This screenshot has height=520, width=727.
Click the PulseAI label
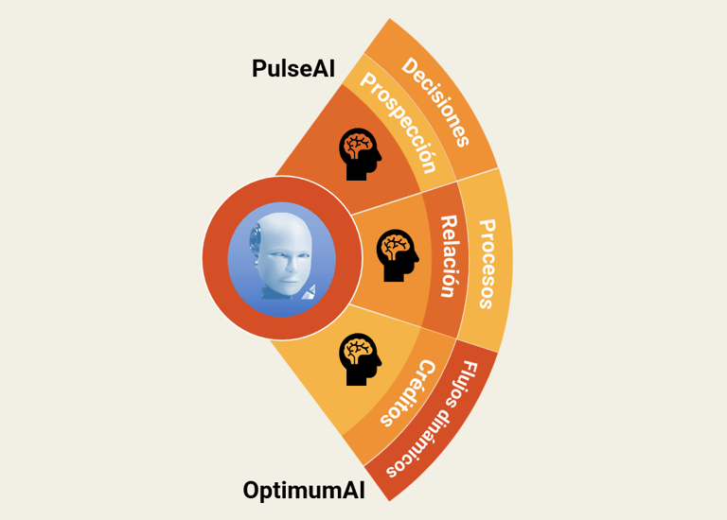click(x=293, y=68)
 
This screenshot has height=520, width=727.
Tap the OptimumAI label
click(x=304, y=491)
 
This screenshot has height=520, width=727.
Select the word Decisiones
click(x=435, y=102)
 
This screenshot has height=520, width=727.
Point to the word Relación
click(x=449, y=256)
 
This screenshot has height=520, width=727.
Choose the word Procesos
click(x=487, y=264)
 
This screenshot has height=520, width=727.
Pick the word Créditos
click(x=408, y=393)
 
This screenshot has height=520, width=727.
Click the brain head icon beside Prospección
click(x=361, y=154)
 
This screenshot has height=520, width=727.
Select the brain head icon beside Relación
click(x=398, y=255)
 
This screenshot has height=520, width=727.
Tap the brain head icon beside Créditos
click(x=361, y=359)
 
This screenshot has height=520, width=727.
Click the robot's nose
click(x=292, y=265)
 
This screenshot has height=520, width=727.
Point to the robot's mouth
click(x=289, y=281)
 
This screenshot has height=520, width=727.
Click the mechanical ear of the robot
click(x=255, y=240)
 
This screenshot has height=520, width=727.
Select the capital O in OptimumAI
click(x=252, y=490)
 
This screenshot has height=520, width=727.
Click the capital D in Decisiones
click(x=409, y=66)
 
